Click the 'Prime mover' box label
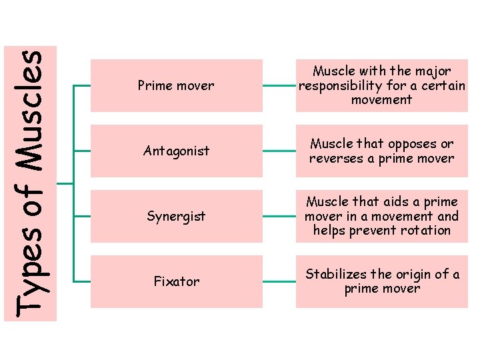175,85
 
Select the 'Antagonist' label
176,151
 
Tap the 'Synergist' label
176,216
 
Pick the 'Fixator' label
176,281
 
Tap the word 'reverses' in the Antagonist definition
335,159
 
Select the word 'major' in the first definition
433,71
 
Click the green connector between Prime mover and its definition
279,86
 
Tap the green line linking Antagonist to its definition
279,151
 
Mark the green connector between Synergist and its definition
279,217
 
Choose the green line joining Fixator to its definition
279,282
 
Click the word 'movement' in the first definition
382,100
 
